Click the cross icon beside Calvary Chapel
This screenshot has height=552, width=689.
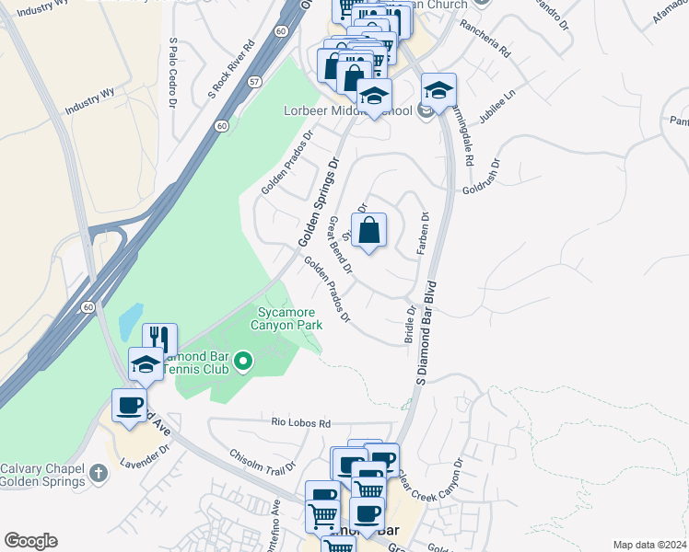[x=99, y=474]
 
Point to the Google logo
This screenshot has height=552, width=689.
[x=30, y=541]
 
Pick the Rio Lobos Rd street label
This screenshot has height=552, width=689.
[x=300, y=423]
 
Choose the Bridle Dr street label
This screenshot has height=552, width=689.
[x=410, y=326]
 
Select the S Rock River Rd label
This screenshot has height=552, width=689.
[x=231, y=68]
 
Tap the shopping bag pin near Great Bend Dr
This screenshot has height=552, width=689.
[x=368, y=231]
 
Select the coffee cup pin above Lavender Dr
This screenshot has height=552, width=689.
[x=129, y=405]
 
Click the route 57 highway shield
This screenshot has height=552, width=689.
[x=253, y=82]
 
